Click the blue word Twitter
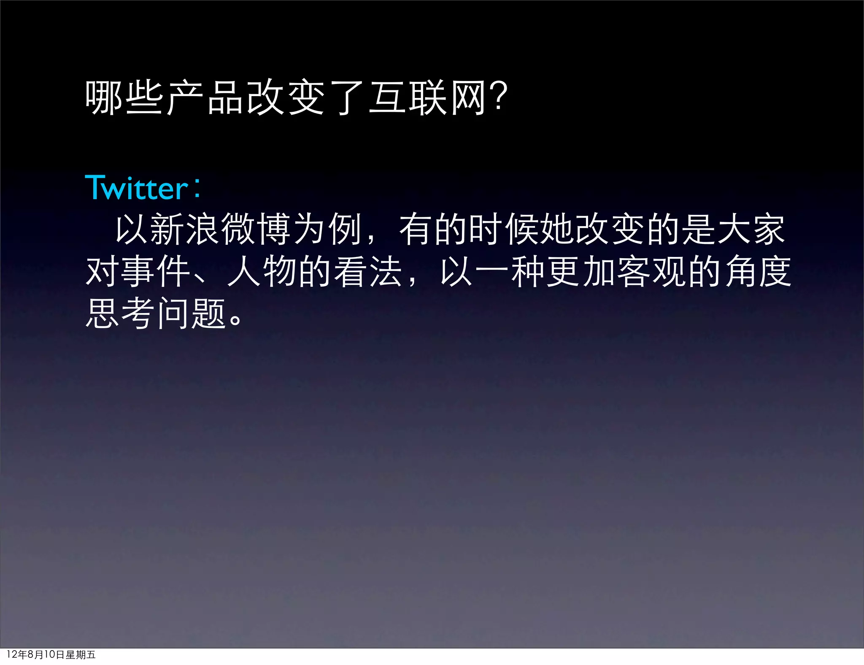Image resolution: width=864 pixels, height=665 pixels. click(136, 188)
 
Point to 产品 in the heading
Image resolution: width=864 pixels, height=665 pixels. click(205, 98)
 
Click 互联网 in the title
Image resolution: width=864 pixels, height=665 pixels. click(427, 98)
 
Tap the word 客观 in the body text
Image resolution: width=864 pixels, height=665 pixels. click(653, 272)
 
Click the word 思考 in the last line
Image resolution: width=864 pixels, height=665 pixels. click(120, 314)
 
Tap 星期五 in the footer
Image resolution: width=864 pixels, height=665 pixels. click(81, 654)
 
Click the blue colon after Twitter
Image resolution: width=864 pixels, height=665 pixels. click(197, 188)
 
